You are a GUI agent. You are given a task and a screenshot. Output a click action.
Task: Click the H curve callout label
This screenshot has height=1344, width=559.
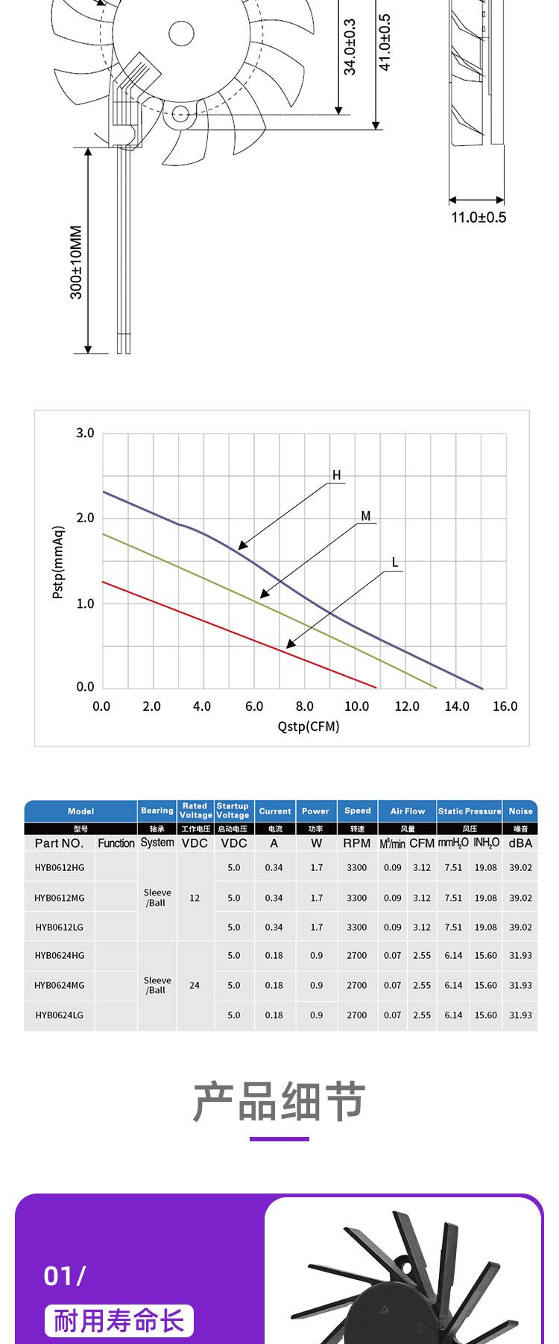[336, 475]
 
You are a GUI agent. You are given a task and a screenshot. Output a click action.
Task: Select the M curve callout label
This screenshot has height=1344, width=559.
[365, 516]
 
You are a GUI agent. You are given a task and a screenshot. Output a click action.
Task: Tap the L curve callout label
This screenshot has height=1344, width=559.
[395, 562]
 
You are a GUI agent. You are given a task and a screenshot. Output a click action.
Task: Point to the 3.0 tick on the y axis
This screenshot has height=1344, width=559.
[85, 433]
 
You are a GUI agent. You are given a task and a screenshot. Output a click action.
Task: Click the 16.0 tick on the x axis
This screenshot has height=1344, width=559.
[505, 706]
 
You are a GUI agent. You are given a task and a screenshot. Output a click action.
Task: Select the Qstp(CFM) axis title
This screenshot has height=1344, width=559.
[308, 726]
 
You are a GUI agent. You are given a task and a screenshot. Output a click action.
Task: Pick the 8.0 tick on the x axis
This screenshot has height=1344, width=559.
[304, 706]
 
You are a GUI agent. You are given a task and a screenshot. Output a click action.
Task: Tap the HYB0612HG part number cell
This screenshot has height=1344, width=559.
[60, 867]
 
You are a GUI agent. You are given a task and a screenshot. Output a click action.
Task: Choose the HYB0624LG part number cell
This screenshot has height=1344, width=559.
[60, 1015]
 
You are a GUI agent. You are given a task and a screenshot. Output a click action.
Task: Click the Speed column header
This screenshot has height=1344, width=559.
[357, 811]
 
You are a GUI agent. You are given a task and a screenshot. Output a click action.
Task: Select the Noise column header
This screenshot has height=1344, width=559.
[520, 811]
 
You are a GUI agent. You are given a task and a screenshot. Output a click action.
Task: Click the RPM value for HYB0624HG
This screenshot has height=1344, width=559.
[356, 955]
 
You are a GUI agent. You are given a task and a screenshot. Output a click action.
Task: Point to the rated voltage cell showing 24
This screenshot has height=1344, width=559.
[195, 985]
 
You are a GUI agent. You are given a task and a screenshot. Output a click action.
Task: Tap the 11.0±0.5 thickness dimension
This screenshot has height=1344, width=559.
[478, 218]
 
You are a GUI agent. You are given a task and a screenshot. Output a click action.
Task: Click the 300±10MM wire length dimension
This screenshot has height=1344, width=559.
[76, 262]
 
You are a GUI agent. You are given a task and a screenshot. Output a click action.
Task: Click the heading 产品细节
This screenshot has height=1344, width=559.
[279, 1102]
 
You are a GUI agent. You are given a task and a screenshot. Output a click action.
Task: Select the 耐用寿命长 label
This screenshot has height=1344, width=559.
[119, 1321]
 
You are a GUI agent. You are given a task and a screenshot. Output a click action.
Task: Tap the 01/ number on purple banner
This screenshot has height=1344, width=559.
[64, 1275]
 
